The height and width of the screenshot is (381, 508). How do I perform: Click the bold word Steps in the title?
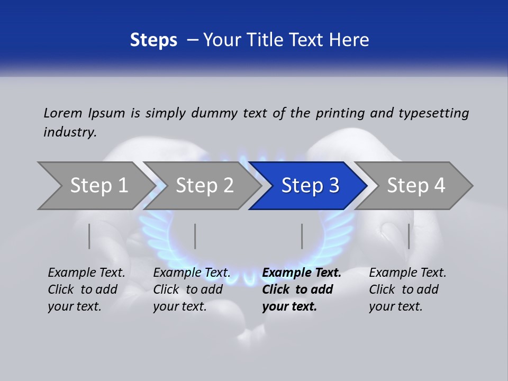153,40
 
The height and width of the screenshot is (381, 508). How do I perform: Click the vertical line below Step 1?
89,236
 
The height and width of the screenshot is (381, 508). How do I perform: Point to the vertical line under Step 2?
195,236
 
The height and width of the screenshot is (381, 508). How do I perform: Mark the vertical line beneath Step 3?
302,236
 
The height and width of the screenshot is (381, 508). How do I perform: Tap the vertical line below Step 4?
409,236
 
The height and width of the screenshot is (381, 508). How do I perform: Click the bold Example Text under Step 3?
302,273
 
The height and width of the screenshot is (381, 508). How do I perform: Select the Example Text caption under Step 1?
86,273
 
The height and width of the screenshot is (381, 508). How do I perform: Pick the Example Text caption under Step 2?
192,273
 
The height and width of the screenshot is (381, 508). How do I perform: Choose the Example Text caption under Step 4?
407,273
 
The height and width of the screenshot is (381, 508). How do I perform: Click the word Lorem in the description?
63,113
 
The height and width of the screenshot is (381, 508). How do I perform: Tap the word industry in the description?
70,132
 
